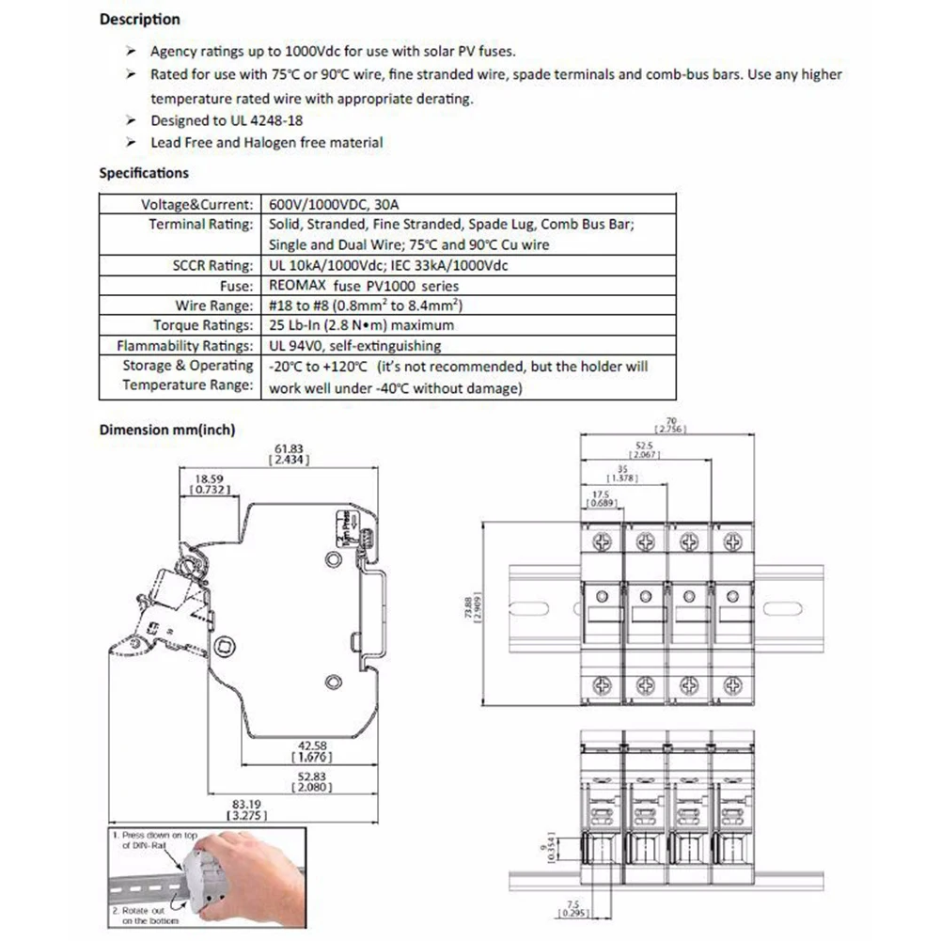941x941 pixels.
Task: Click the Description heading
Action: tap(139, 19)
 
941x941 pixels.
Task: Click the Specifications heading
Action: tap(144, 173)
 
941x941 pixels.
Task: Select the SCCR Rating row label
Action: tap(212, 265)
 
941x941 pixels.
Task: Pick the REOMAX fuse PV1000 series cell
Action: tap(363, 286)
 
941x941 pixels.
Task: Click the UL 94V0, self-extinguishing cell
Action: tap(354, 346)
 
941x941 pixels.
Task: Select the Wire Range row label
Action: tap(214, 306)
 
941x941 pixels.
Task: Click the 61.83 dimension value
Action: tap(289, 448)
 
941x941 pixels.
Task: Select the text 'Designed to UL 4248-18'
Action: tap(227, 120)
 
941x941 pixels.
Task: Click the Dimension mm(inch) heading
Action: tap(166, 430)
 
